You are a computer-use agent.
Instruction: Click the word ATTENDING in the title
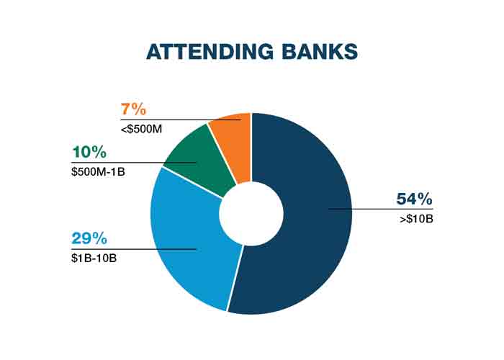click(x=210, y=51)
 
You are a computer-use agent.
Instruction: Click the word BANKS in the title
click(x=320, y=51)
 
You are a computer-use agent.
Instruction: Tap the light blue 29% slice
click(x=189, y=244)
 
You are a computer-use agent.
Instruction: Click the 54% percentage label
click(x=414, y=199)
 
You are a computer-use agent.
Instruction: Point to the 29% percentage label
click(x=89, y=238)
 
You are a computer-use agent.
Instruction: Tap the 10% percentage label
click(x=89, y=152)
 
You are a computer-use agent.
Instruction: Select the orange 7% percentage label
click(x=133, y=109)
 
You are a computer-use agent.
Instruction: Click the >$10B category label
click(x=417, y=219)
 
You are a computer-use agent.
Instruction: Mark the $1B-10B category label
click(x=94, y=258)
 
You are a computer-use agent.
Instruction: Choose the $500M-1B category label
click(x=98, y=171)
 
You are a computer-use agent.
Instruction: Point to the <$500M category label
click(x=141, y=129)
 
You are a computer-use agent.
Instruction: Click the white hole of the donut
click(x=251, y=213)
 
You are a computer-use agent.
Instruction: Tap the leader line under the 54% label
click(x=381, y=210)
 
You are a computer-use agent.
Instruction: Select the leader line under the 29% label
click(x=134, y=249)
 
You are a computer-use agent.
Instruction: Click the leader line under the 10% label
click(x=134, y=163)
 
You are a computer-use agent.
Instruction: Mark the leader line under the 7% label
click(x=181, y=120)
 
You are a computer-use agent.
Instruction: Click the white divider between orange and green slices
click(x=222, y=154)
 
